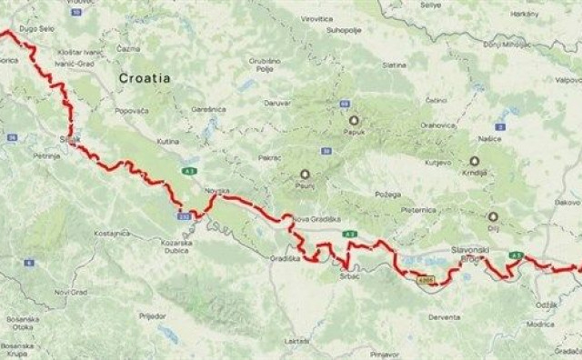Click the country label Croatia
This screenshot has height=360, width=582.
pos(145,78)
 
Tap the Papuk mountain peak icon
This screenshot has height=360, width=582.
pos(354,119)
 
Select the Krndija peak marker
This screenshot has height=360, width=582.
pos(474,160)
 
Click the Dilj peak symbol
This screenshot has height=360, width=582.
pos(493,216)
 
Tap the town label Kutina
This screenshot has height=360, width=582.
pos(169,143)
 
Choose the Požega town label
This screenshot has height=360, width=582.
pos(374,194)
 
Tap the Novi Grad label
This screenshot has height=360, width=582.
pos(70,292)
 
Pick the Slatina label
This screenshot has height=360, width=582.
pos(394,65)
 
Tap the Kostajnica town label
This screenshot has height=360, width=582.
pos(112,234)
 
